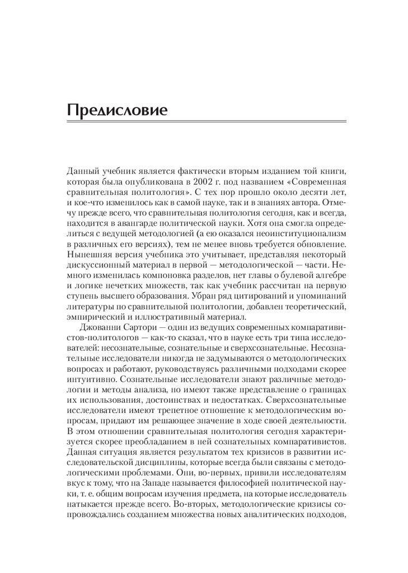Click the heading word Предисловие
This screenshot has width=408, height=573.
117,109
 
